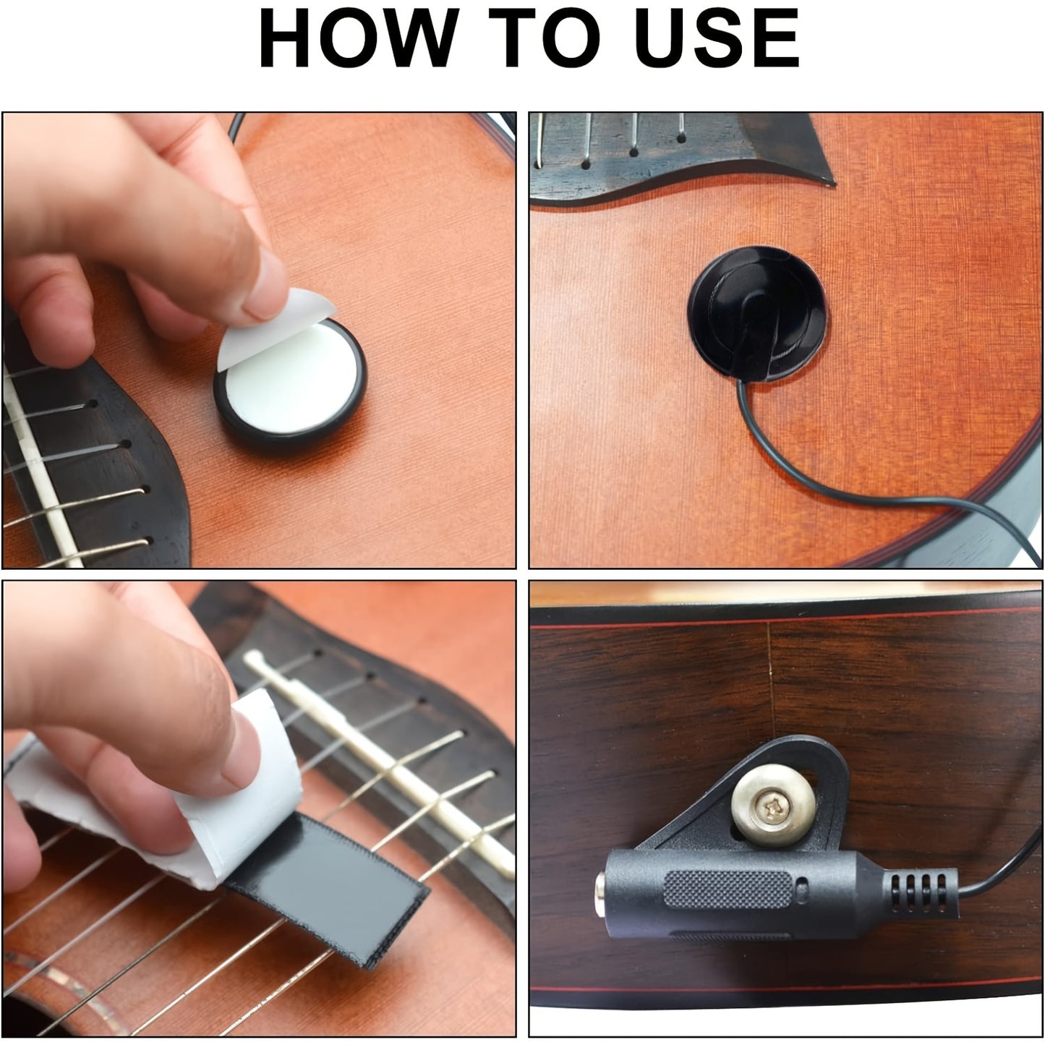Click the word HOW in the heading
359,38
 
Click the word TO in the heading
545,38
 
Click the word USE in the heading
717,38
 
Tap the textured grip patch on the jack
728,890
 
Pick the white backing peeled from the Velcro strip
163,803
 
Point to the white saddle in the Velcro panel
380,759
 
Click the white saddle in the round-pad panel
40,466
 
